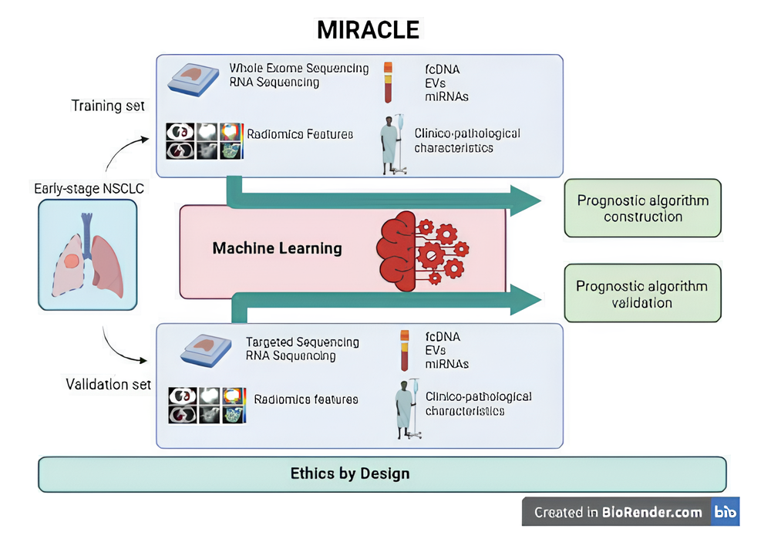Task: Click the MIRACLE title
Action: click(x=369, y=29)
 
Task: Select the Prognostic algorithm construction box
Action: click(x=642, y=208)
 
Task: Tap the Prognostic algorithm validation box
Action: click(x=642, y=294)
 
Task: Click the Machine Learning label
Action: click(x=277, y=248)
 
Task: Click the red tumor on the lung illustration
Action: click(x=71, y=262)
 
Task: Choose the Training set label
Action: click(x=108, y=105)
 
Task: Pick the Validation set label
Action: click(x=108, y=383)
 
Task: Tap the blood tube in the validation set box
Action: click(x=403, y=351)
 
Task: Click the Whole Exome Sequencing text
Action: click(x=299, y=69)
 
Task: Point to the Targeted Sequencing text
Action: click(x=302, y=342)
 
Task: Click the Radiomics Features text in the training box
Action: click(x=300, y=134)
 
